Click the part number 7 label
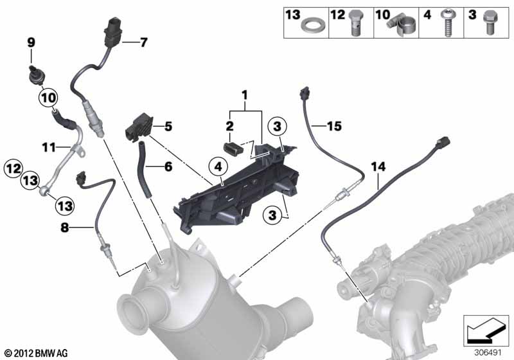pos(143,42)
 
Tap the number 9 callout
pos(31,42)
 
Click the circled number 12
pos(13,168)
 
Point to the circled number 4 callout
pos(218,167)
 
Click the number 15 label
pos(334,126)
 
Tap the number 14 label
pos(378,166)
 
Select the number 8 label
pos(65,227)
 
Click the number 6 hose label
pos(168,166)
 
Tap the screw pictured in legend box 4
pos(447,22)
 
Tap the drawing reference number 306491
pos(488,352)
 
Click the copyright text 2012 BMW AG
pos(37,353)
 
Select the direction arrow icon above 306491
pos(486,330)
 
